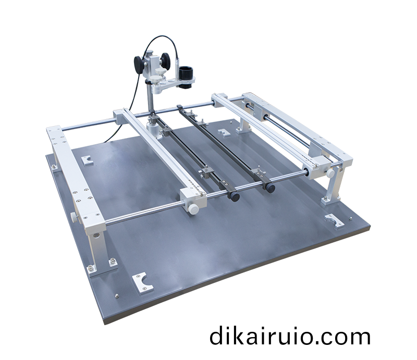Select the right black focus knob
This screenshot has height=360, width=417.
click(x=165, y=60)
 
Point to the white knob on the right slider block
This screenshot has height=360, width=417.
click(x=330, y=173)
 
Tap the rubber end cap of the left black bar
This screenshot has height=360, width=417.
click(x=235, y=196)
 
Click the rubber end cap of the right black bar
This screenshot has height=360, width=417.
click(x=270, y=188)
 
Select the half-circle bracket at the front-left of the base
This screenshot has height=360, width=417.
click(x=143, y=282)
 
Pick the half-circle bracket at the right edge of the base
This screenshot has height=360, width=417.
click(x=334, y=221)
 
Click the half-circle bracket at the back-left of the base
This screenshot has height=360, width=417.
click(x=87, y=160)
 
